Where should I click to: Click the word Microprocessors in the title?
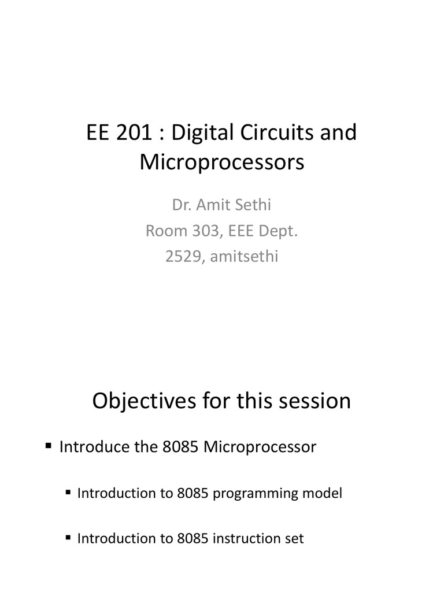point(221,162)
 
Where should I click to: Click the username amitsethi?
point(244,256)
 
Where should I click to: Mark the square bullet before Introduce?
point(49,446)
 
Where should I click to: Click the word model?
point(324,493)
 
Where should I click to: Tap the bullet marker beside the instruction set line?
point(68,537)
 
